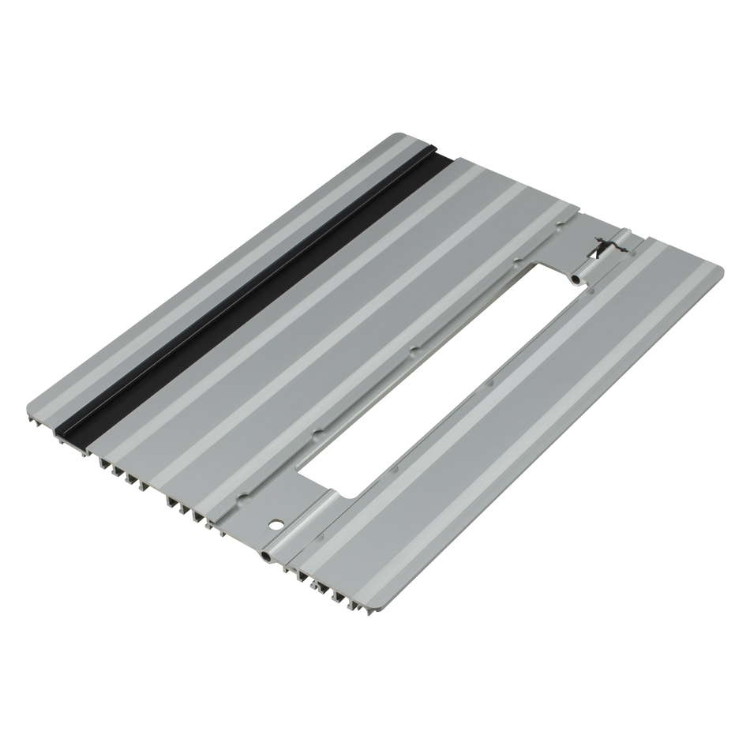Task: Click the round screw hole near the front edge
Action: point(276,523)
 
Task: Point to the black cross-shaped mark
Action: point(599,249)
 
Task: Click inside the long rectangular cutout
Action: point(442,379)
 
